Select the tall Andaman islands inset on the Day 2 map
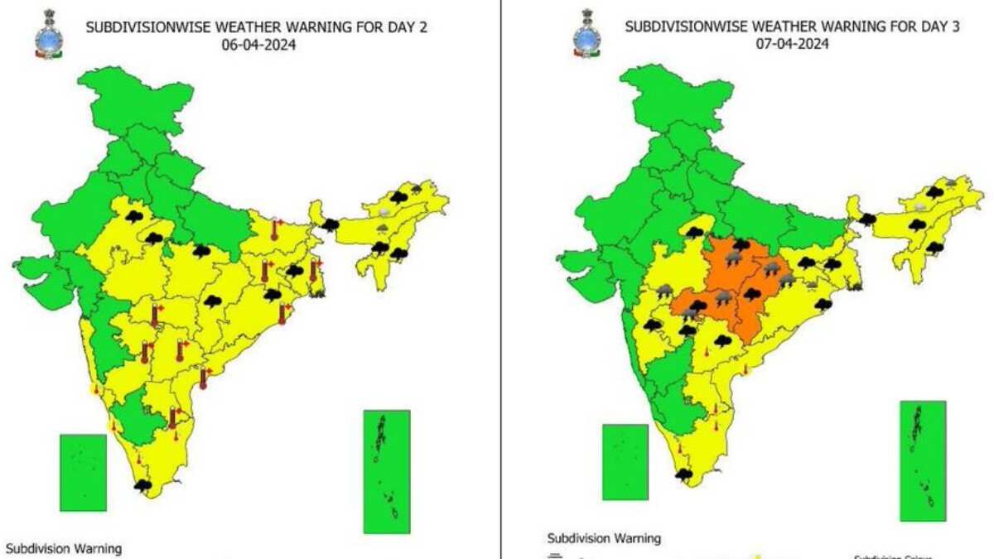[387, 470]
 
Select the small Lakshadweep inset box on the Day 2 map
[83, 472]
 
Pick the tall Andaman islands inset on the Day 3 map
[923, 460]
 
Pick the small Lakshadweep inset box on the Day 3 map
[625, 462]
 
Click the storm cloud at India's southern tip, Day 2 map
[142, 485]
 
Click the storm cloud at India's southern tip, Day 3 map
[684, 475]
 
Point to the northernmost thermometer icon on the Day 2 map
[274, 229]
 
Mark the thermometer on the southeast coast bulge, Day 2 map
[204, 378]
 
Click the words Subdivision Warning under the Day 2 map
[64, 548]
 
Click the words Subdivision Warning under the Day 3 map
[605, 539]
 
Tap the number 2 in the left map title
[424, 28]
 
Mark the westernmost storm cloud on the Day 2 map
[132, 217]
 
